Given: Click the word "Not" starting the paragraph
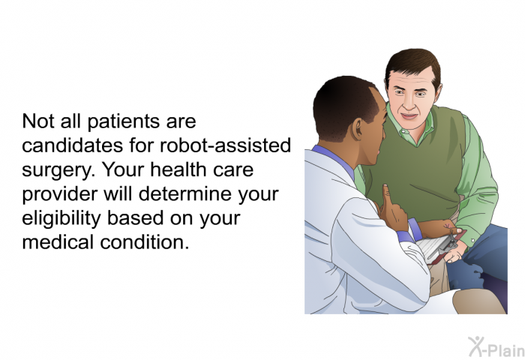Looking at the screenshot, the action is click(x=38, y=121).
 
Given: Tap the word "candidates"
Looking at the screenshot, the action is click(x=72, y=145).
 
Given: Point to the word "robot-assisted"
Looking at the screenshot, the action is click(x=225, y=145).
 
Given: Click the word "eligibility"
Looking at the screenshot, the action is click(x=61, y=219).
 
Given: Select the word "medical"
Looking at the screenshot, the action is click(x=58, y=242).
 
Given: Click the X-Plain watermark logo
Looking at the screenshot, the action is click(x=496, y=346).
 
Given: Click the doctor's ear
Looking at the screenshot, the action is click(x=357, y=128).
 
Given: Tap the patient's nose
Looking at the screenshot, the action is click(x=409, y=103).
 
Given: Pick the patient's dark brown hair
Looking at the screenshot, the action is click(x=412, y=65).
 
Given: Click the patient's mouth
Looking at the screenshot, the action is click(x=409, y=116).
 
